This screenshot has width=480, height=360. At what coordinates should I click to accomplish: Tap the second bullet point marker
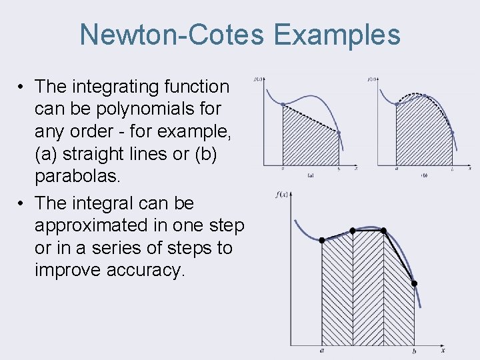(22, 203)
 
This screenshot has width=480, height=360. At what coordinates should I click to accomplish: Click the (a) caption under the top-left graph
(311, 175)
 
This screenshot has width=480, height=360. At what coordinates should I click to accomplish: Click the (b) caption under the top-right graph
(424, 175)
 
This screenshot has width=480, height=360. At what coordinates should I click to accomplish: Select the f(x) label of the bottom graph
(281, 194)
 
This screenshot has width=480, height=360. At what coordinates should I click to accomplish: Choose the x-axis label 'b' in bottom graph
(414, 351)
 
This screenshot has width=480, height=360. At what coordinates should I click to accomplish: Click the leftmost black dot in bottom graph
(322, 240)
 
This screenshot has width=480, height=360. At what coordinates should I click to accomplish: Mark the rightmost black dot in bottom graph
(414, 284)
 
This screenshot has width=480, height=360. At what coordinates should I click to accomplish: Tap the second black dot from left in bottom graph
(353, 231)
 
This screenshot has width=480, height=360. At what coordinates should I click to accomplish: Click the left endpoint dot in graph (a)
(283, 104)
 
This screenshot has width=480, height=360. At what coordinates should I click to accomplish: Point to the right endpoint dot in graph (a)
(339, 133)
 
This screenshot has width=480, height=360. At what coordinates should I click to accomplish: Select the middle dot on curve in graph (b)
(424, 95)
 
